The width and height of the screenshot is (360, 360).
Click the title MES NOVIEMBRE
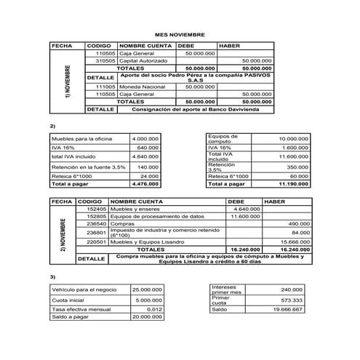(x=180, y=33)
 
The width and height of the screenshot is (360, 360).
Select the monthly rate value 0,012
(x=153, y=309)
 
